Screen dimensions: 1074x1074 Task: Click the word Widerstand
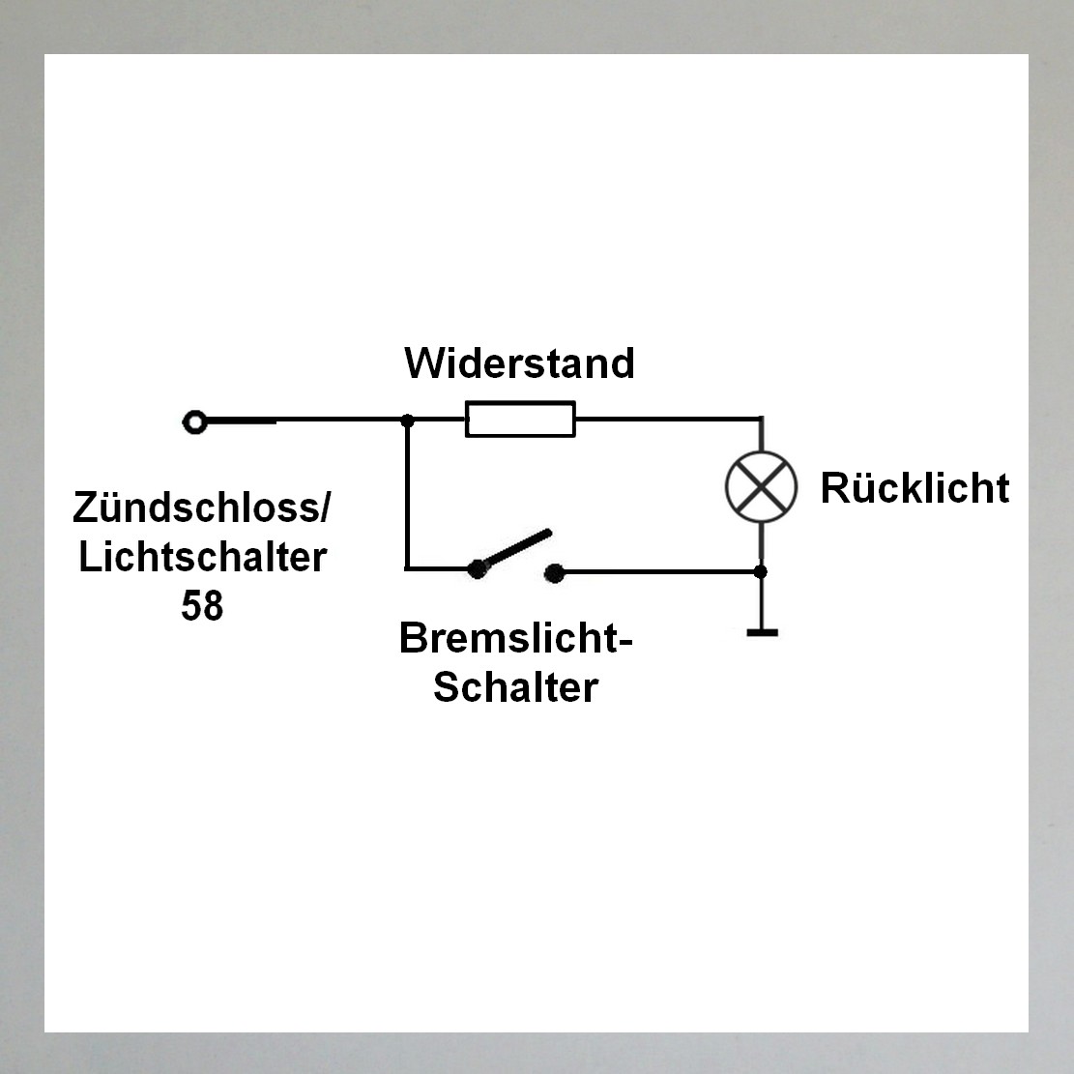519,363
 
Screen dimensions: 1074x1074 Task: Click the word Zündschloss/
201,508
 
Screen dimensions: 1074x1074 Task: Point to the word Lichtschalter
203,558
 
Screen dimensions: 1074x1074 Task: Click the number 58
202,605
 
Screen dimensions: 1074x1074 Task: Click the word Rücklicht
915,488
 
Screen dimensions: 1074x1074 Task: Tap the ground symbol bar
763,633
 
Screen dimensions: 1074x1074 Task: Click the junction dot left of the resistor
408,421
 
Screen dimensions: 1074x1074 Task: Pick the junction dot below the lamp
760,571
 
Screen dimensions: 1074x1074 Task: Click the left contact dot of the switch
477,569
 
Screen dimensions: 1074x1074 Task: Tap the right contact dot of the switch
554,573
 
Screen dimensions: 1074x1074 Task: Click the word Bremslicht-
516,638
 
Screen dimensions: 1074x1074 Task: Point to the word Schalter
516,687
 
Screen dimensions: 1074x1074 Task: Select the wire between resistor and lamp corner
668,418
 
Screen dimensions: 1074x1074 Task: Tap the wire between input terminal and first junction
306,420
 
